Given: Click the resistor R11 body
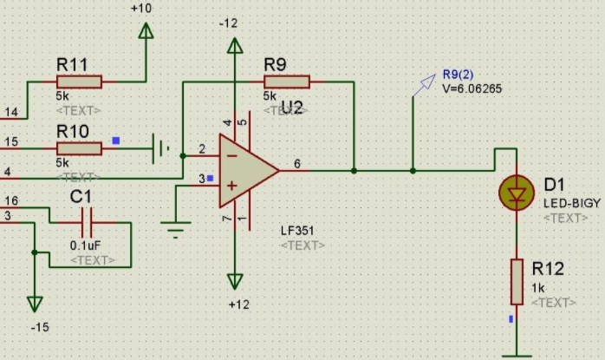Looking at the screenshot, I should pos(79,82).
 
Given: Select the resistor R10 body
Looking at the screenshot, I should pos(79,148).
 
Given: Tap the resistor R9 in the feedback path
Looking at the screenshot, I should pos(286,82).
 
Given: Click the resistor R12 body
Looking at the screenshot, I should pos(517,281).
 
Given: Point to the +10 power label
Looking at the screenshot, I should pos(140,8).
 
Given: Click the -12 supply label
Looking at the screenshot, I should pos(229,23).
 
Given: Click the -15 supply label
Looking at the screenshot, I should pos(40,327).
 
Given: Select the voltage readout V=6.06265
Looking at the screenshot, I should pos(472,88).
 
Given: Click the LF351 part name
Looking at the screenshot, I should pos(297,231).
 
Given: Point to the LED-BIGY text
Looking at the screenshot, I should pos(572,203).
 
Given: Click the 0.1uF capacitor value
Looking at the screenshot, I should pos(84,245).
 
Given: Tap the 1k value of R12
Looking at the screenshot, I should pos(538,287).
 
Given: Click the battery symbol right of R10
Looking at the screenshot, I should pos(159,148).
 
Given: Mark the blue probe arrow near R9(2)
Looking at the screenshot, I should pos(424,83).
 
